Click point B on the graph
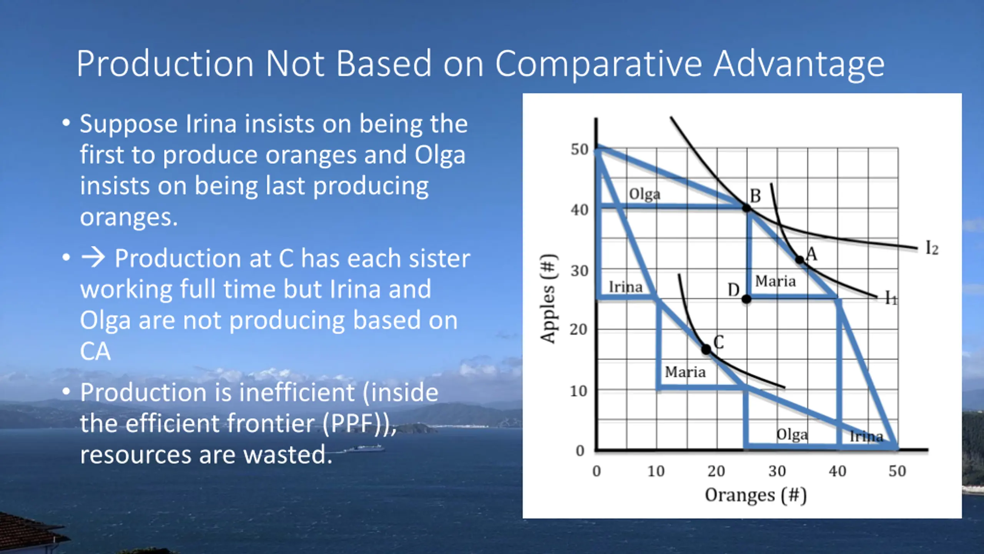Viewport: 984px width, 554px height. coord(746,208)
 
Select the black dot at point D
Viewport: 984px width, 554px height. coord(746,299)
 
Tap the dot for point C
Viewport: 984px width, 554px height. coord(706,349)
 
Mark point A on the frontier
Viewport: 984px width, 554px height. coord(799,260)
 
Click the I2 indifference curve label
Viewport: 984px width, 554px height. coord(932,248)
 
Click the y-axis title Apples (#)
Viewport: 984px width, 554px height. coord(548,299)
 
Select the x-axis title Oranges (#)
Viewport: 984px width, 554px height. coord(756,495)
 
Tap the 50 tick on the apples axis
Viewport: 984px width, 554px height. coord(579,149)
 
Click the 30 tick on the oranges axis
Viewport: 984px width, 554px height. coord(777,471)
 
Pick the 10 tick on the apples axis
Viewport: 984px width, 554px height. coord(578,391)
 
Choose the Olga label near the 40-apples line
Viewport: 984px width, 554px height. coord(645,194)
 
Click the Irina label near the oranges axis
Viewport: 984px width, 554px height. coord(866,436)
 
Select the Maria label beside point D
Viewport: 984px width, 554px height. coord(775,281)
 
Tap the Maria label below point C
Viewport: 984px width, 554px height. coord(685,372)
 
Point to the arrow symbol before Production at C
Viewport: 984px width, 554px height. coord(93,257)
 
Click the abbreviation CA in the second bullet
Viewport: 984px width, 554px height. coord(95,351)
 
